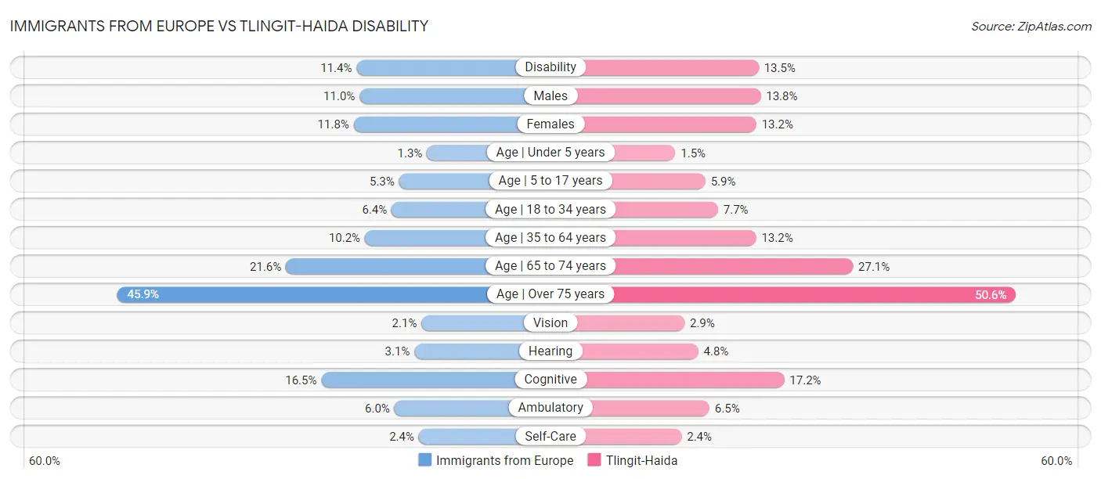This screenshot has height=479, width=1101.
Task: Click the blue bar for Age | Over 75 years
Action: pyautogui.click(x=305, y=294)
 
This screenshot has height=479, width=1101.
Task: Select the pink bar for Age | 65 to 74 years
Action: pyautogui.click(x=732, y=266)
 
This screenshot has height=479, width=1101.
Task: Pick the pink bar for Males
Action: pyautogui.click(x=670, y=95)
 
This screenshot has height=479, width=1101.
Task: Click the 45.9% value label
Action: pyautogui.click(x=143, y=294)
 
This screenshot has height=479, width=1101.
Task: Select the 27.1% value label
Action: pyautogui.click(x=874, y=266)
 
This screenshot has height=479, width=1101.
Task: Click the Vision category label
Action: pyautogui.click(x=550, y=322)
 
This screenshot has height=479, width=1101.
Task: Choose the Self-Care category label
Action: pyautogui.click(x=550, y=436)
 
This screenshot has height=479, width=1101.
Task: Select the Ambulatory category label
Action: pyautogui.click(x=550, y=408)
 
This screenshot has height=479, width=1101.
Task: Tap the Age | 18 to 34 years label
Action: pyautogui.click(x=550, y=209)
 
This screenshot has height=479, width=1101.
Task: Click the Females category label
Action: pyautogui.click(x=550, y=124)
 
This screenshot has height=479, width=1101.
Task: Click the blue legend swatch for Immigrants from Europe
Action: pyautogui.click(x=425, y=460)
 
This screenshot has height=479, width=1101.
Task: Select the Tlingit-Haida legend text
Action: pyautogui.click(x=641, y=460)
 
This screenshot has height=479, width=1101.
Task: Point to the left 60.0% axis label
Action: pyautogui.click(x=45, y=460)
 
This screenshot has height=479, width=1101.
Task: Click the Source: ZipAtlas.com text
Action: pyautogui.click(x=1031, y=26)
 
